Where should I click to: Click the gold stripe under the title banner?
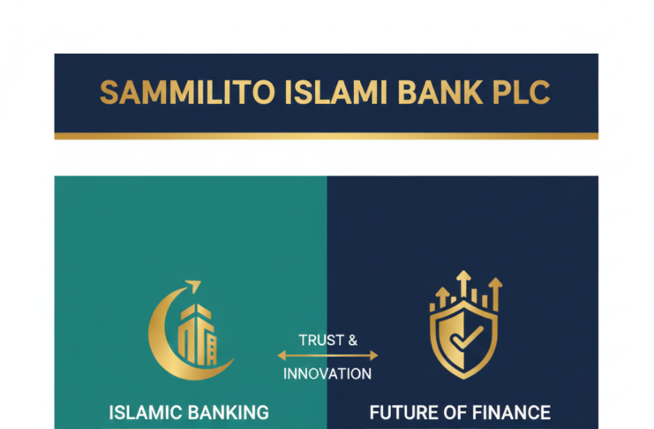pyautogui.click(x=326, y=136)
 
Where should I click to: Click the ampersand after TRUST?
pyautogui.click(x=353, y=340)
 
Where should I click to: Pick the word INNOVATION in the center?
pyautogui.click(x=327, y=373)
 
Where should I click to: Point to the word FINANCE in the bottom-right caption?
pyautogui.click(x=512, y=412)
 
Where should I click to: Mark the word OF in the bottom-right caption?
pyautogui.click(x=455, y=412)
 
